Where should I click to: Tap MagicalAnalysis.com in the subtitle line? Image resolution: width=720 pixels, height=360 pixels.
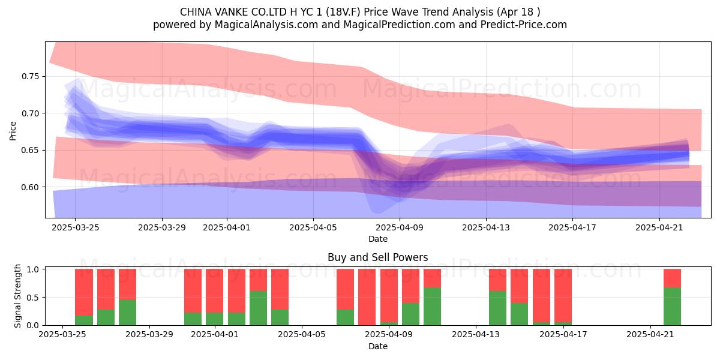coord(266,25)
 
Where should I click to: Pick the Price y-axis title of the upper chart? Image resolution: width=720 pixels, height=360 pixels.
coord(13,131)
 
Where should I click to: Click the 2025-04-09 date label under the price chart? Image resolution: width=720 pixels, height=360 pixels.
coord(400,227)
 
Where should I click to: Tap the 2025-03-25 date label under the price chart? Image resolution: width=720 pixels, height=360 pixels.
coord(75,227)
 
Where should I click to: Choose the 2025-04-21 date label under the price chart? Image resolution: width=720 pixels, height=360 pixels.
coord(659,227)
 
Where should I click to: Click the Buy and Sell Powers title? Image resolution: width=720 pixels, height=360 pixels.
coord(377,257)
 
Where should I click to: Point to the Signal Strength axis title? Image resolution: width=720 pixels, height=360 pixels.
coord(17,296)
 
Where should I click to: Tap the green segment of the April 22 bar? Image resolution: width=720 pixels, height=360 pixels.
coord(672,307)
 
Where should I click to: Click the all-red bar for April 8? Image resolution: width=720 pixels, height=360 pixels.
coord(367,297)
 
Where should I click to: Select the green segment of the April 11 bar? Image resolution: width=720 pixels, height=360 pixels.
coord(433,307)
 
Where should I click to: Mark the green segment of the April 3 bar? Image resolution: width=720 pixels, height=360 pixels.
coord(258,308)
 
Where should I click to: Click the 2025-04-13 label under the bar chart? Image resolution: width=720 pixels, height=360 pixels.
coord(476,334)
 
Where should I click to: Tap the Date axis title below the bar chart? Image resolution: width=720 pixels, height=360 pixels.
coord(377,346)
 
